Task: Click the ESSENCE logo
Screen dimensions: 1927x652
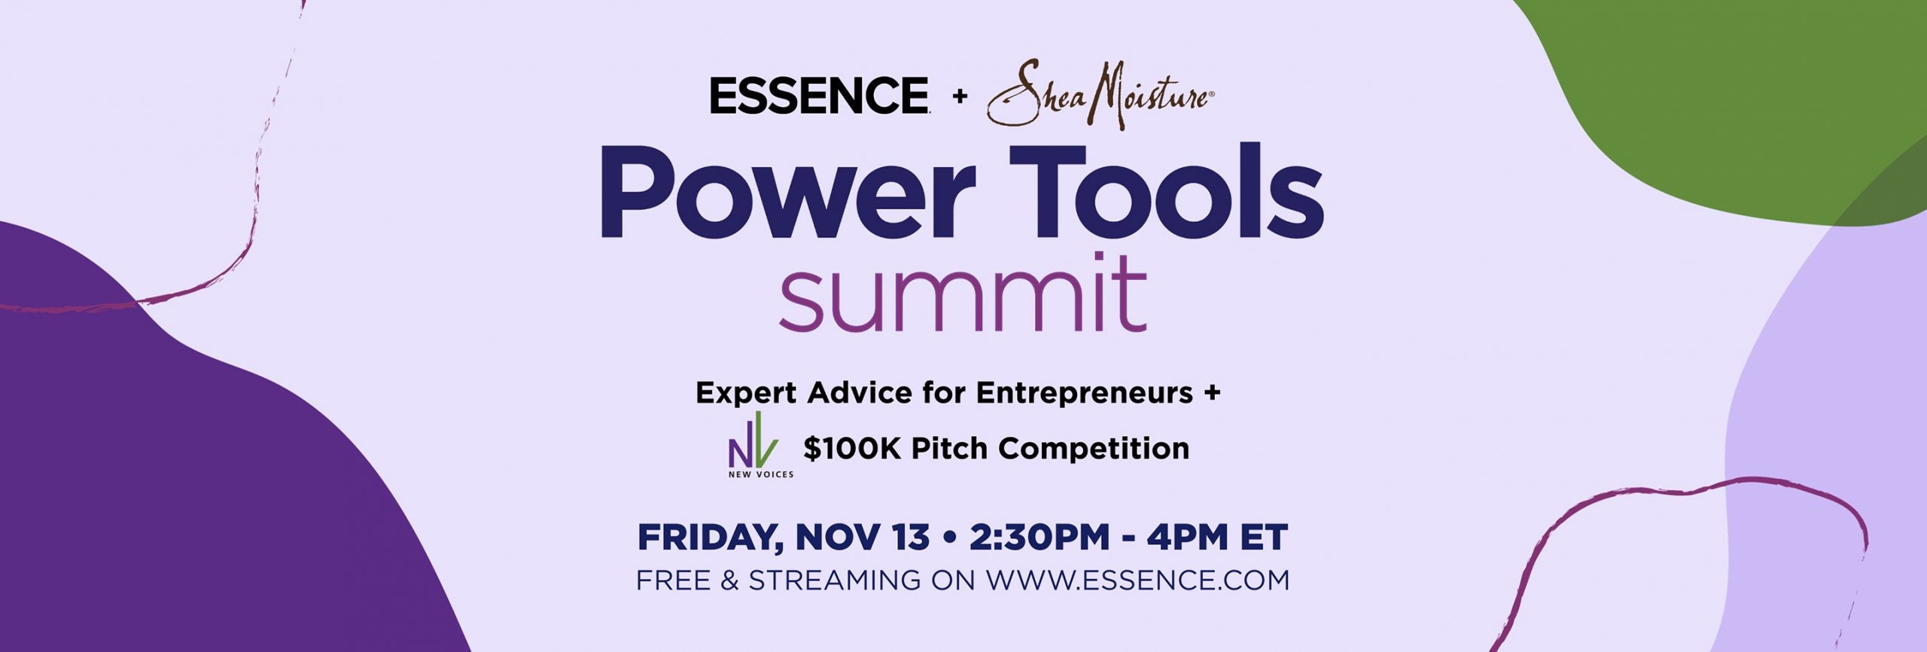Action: point(820,96)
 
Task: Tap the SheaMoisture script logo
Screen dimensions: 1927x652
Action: point(1100,94)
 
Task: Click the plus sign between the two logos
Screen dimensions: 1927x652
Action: point(960,96)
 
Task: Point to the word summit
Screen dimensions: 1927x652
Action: point(963,294)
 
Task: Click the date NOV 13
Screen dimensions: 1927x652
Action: point(863,538)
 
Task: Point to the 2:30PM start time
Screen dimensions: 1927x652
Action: point(1040,538)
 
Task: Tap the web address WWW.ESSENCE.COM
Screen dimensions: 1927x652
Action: point(1138,580)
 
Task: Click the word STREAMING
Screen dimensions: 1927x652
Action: point(835,580)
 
